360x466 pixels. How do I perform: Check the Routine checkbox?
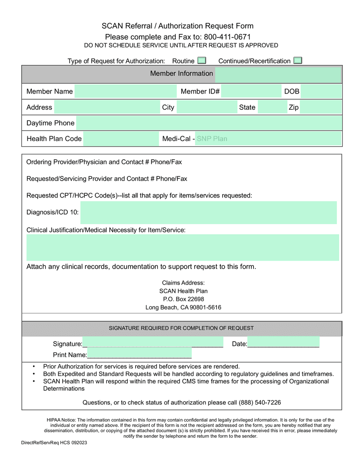[202, 60]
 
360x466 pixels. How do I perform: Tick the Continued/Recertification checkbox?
[297, 60]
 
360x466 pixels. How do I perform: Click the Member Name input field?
[125, 91]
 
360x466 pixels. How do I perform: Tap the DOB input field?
[321, 91]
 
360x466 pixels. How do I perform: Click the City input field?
[207, 107]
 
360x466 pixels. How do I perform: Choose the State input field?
[272, 107]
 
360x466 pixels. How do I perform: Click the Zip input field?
[320, 107]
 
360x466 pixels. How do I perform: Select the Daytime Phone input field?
[209, 123]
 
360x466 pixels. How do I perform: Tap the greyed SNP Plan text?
[212, 139]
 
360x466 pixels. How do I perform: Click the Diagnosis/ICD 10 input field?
[208, 212]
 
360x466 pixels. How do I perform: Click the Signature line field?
[153, 343]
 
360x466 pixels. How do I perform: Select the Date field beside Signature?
[283, 343]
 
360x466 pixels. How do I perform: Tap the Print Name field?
[139, 354]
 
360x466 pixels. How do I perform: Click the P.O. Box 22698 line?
[183, 299]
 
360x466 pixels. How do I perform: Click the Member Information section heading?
[181, 74]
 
